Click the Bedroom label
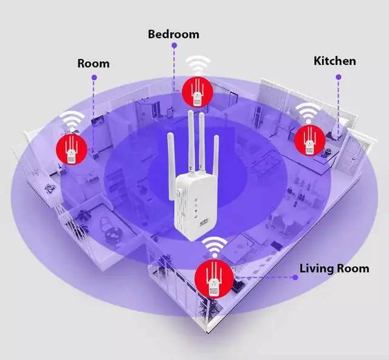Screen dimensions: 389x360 (173, 34)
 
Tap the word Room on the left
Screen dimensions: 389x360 (94, 63)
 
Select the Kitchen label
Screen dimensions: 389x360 (334, 61)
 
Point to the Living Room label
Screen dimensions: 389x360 (334, 268)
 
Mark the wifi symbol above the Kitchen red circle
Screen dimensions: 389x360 (308, 112)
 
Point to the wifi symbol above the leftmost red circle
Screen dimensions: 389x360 (72, 120)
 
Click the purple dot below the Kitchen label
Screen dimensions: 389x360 (338, 77)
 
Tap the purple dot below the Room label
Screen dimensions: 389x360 (94, 77)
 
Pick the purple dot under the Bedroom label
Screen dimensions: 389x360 (173, 47)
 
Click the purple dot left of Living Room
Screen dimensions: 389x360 (295, 277)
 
